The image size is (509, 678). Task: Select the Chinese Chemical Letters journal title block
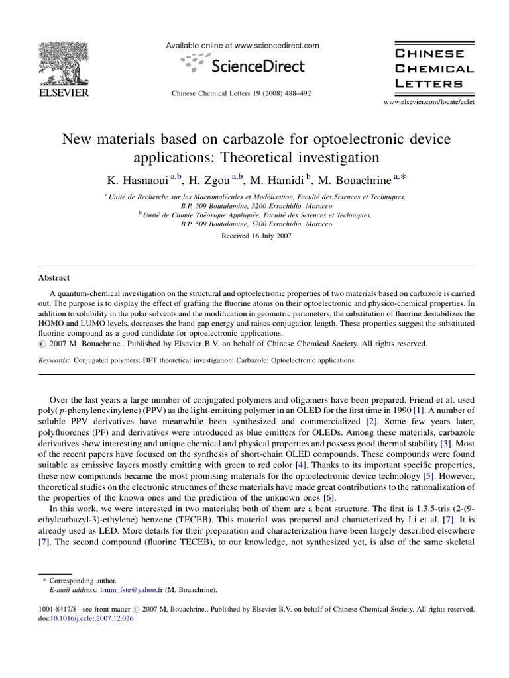pyautogui.click(x=433, y=68)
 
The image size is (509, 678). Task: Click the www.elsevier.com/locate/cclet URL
pyautogui.click(x=429, y=102)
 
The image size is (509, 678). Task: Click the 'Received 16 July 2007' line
pyautogui.click(x=255, y=235)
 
